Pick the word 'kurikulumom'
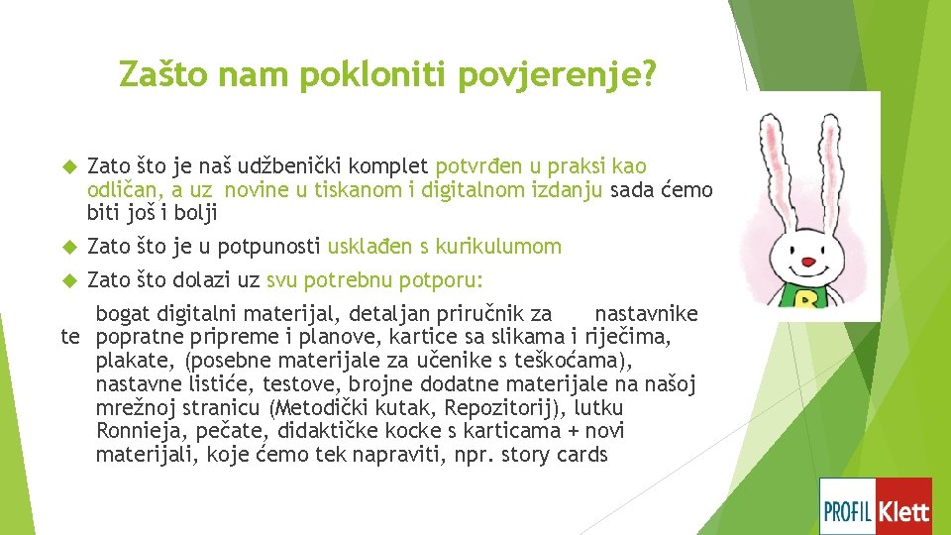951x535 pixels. click(x=505, y=247)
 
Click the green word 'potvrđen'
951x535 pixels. click(x=479, y=165)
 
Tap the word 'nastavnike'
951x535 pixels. click(x=646, y=314)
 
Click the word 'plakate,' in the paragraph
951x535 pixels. click(x=137, y=362)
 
